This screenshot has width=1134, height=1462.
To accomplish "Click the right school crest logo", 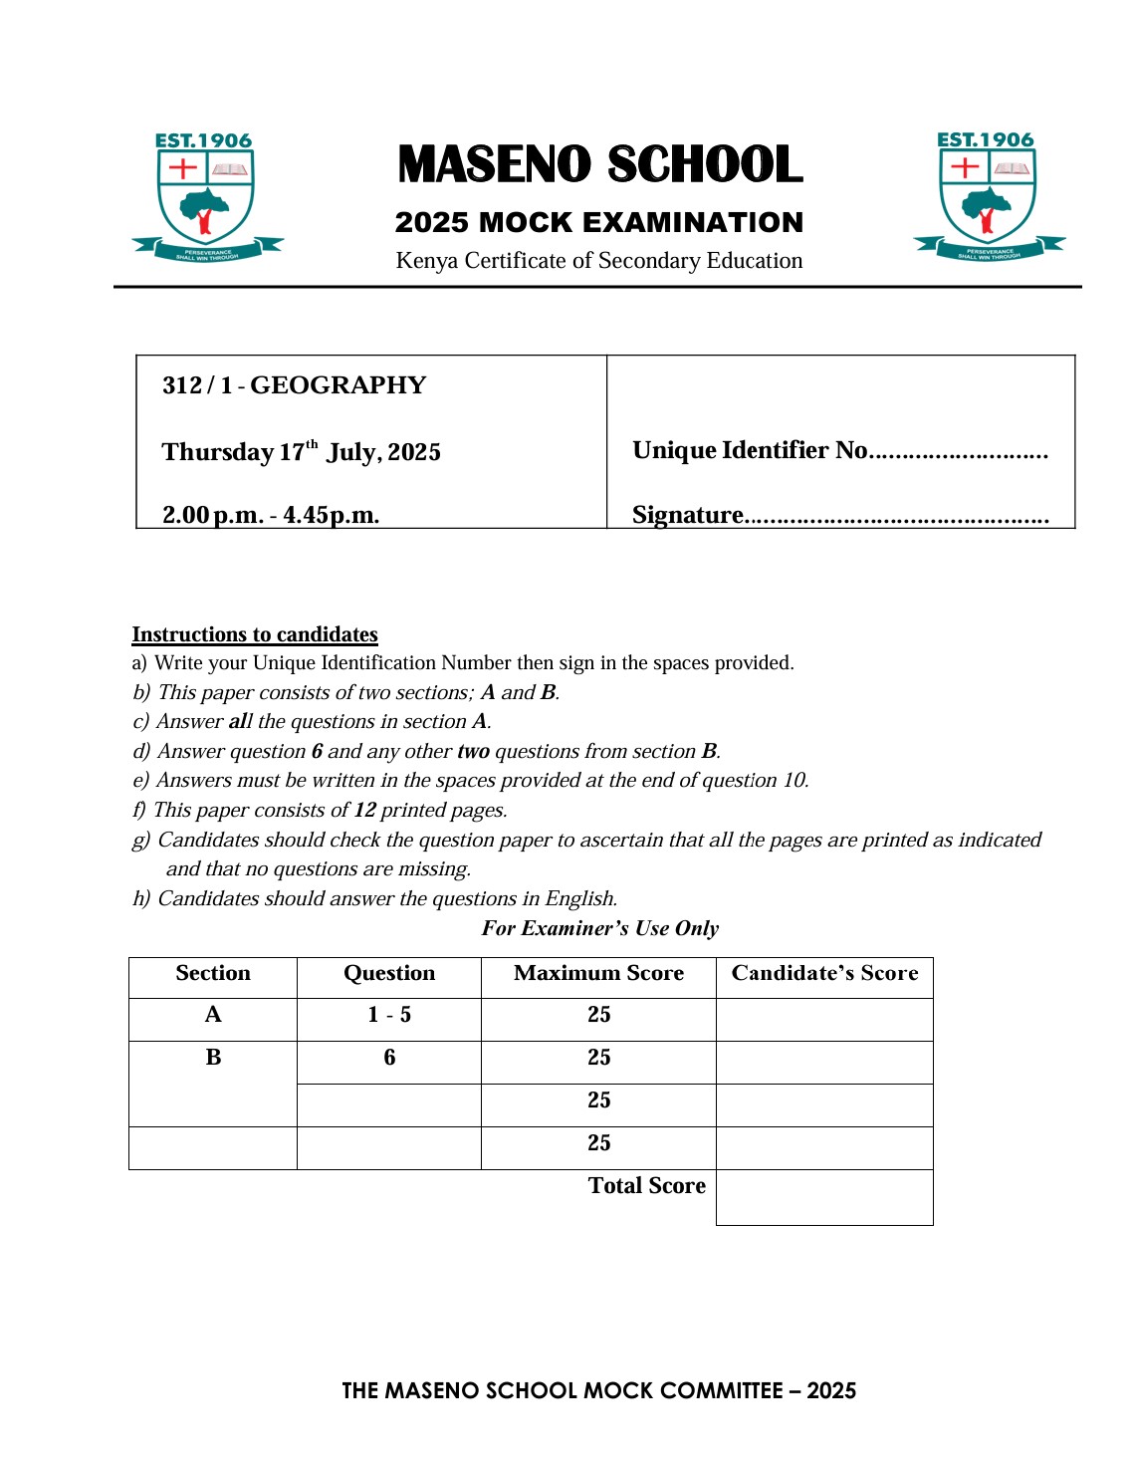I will coord(989,196).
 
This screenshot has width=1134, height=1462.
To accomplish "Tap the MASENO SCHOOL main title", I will coord(599,165).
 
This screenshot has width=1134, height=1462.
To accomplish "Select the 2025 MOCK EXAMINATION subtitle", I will coord(598,222).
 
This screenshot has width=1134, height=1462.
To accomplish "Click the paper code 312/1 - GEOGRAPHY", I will coord(294,385).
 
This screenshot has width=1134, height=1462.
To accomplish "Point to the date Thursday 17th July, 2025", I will coord(301,452).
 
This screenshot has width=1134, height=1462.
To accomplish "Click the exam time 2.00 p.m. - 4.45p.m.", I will coord(271,515).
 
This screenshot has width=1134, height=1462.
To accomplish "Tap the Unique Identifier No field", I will coord(958,452).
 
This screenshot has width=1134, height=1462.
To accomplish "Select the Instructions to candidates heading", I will coord(255,634).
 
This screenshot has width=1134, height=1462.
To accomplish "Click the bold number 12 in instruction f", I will coord(364,810).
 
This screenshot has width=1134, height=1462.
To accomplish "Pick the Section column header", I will coord(213,973).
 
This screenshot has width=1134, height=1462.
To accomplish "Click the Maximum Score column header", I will coord(598,973).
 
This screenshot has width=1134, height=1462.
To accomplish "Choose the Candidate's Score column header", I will coord(824,973).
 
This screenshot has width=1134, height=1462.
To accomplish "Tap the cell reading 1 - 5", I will coord(389,1015).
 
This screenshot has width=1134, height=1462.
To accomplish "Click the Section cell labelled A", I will coord(213,1015).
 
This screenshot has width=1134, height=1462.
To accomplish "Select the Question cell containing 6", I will coord(389,1058).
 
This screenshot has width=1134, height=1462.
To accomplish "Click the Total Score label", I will coord(646,1185).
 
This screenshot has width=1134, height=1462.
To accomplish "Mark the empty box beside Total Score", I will coord(824,1197).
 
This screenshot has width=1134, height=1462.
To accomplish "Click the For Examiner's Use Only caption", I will coord(599,928).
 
